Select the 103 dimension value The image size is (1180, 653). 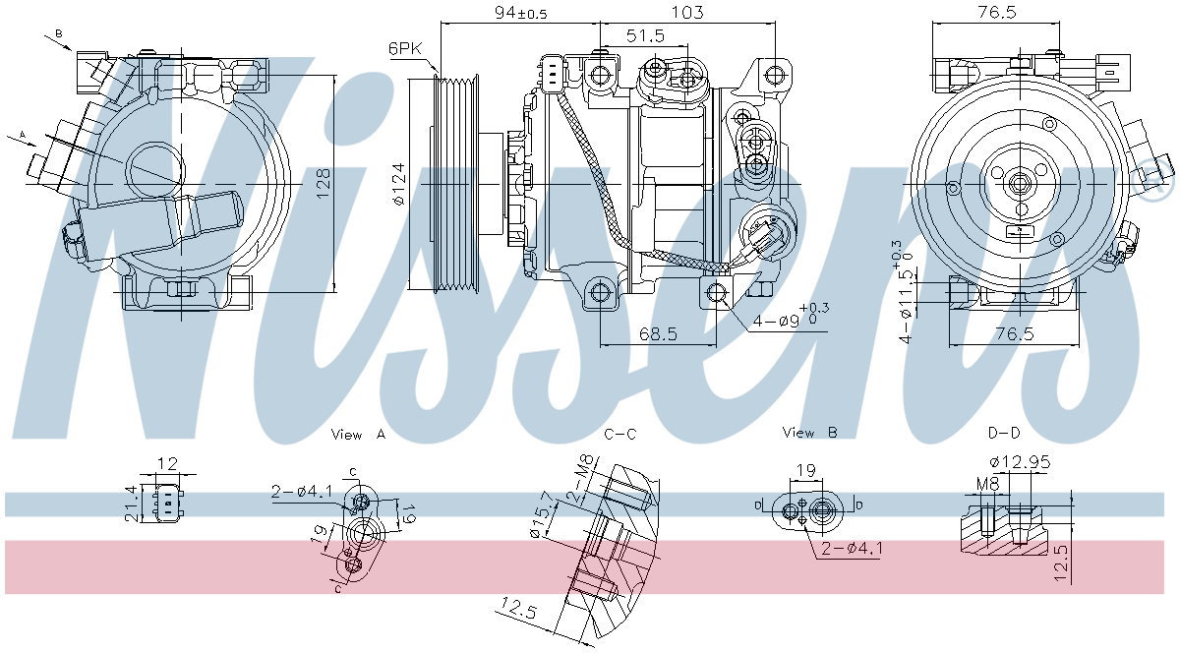click(x=688, y=13)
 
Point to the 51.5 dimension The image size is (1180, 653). click(x=645, y=35)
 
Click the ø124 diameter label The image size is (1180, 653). click(x=398, y=184)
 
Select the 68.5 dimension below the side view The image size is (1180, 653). click(x=657, y=334)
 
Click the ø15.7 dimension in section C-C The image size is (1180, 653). click(x=537, y=517)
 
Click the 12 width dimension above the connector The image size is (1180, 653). click(x=167, y=463)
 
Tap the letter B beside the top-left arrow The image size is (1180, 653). click(x=58, y=33)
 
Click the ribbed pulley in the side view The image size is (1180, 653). click(x=455, y=184)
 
